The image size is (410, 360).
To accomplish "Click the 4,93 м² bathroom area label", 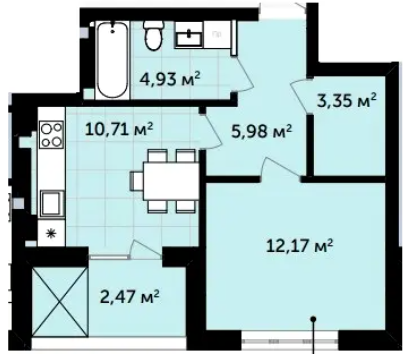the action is pyautogui.click(x=170, y=80).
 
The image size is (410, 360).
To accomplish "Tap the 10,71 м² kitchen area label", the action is pyautogui.click(x=119, y=129).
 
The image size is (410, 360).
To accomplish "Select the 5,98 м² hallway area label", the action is pyautogui.click(x=262, y=131).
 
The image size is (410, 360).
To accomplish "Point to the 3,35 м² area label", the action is pyautogui.click(x=347, y=101).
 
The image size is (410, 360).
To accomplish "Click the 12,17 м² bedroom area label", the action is pyautogui.click(x=300, y=246).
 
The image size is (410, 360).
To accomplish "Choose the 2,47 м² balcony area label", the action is pyautogui.click(x=129, y=296).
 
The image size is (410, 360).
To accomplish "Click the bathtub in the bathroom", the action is pyautogui.click(x=111, y=60).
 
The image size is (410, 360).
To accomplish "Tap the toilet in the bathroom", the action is pyautogui.click(x=153, y=35).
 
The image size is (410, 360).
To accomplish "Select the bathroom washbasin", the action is pyautogui.click(x=189, y=36).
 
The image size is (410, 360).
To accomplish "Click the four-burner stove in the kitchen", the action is pyautogui.click(x=51, y=135).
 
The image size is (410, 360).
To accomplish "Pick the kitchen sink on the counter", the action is pyautogui.click(x=52, y=203).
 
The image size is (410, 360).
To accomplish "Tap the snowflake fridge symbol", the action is pyautogui.click(x=51, y=234).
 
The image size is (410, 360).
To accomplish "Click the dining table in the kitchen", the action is pyautogui.click(x=171, y=181).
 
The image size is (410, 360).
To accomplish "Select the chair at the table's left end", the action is pyautogui.click(x=137, y=181).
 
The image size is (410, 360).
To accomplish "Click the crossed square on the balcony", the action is pyautogui.click(x=59, y=302).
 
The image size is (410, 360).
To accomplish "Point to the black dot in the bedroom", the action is pyautogui.click(x=313, y=319).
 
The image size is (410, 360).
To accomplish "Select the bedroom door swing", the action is pyautogui.click(x=281, y=168).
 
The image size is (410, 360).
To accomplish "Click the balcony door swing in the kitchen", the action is pyautogui.click(x=146, y=248).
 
